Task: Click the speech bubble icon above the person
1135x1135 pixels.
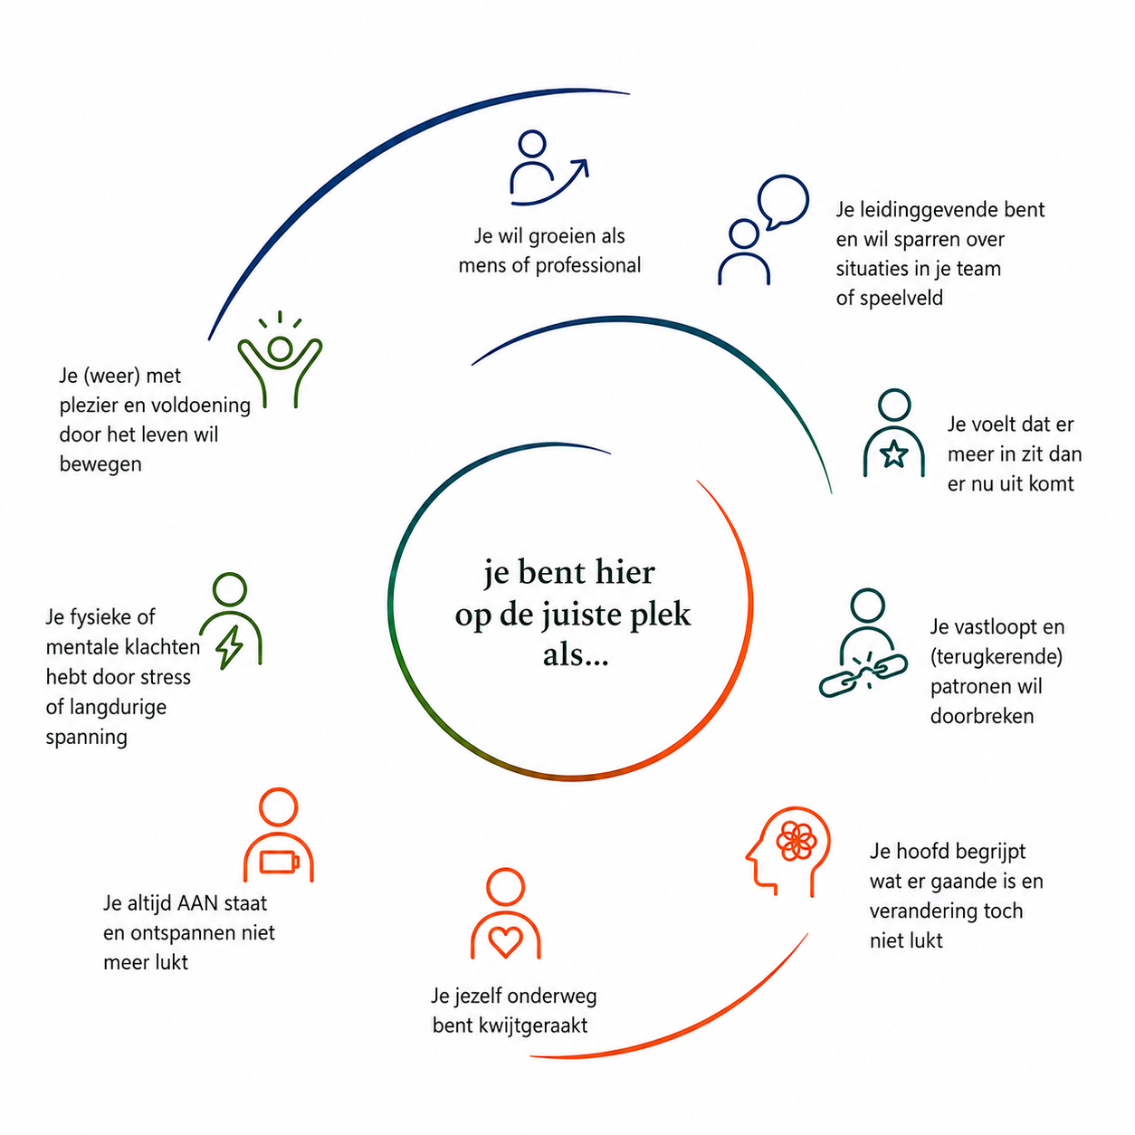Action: (782, 202)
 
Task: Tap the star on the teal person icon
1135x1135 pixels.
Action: (893, 454)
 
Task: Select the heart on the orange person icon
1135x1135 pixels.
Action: (505, 940)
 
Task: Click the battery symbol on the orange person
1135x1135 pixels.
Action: (280, 862)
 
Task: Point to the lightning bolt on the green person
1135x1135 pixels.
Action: (230, 647)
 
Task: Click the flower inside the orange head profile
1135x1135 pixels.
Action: (796, 841)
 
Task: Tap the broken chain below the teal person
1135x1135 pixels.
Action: (863, 673)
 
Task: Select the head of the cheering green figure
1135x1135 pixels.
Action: (280, 348)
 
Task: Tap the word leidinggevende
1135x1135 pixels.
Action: (917, 210)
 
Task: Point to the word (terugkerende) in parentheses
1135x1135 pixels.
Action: (996, 656)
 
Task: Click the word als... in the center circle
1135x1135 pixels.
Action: (576, 654)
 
